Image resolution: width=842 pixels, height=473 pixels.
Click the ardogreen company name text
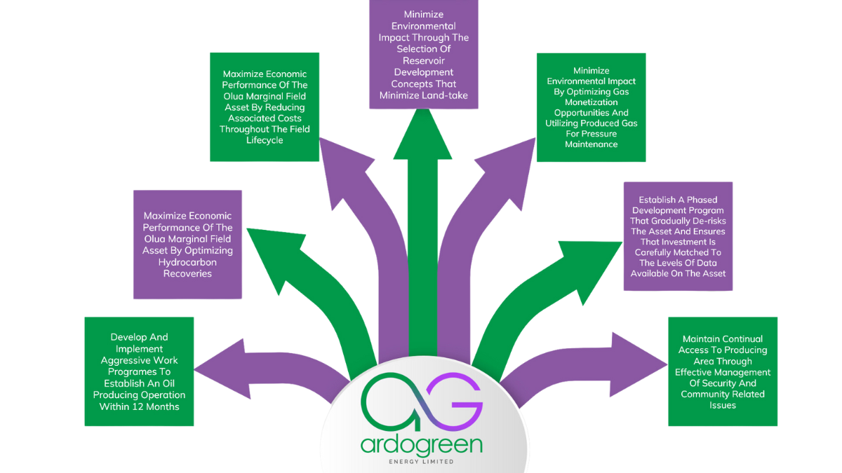click(x=422, y=445)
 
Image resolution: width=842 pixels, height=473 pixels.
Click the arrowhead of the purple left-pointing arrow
click(x=210, y=365)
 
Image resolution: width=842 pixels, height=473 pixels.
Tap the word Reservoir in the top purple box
click(x=422, y=61)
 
